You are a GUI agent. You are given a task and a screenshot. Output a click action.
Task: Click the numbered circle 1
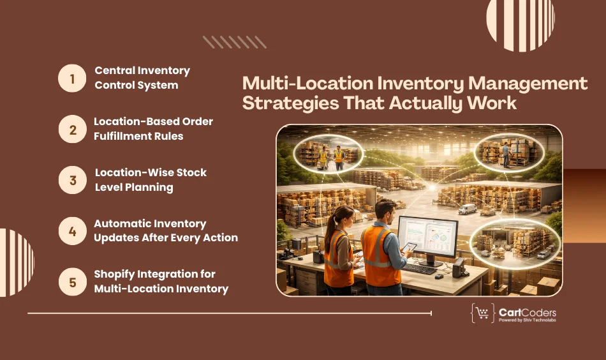72,79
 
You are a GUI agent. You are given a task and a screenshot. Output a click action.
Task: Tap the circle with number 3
72,180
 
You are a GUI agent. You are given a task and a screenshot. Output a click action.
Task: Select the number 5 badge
72,281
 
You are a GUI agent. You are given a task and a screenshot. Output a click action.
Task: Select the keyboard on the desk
418,268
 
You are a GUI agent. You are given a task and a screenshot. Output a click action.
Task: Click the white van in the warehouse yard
467,209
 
